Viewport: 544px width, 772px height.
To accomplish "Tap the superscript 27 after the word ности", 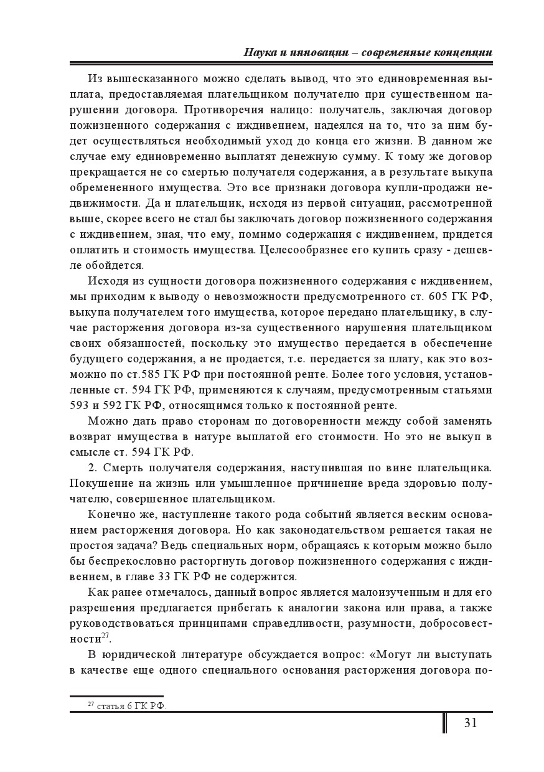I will [x=105, y=636].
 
